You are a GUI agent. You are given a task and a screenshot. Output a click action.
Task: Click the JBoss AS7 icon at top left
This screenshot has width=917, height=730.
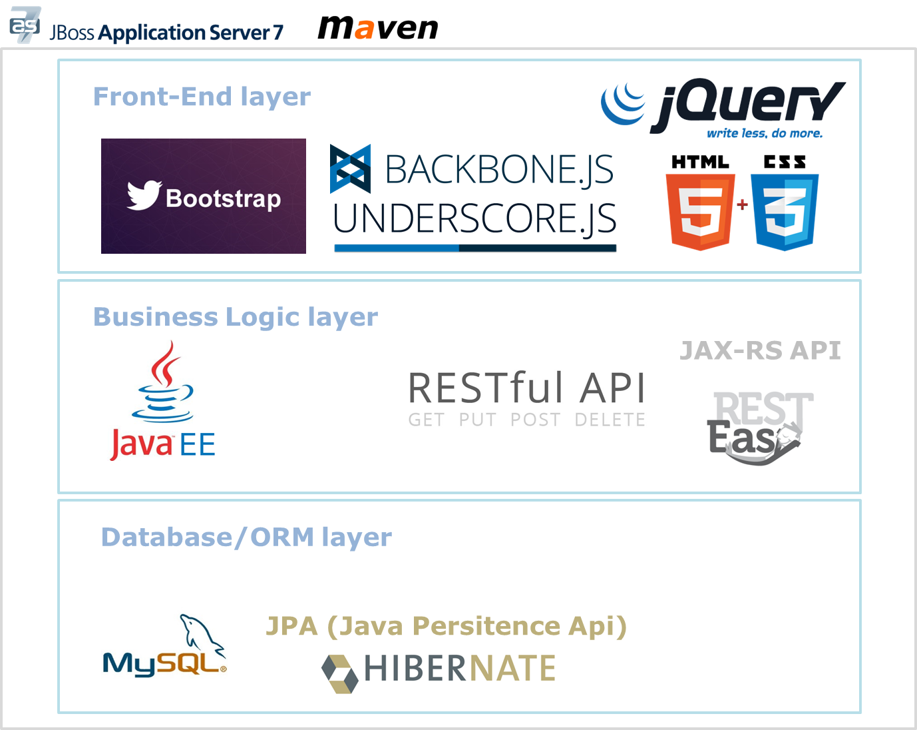coord(25,25)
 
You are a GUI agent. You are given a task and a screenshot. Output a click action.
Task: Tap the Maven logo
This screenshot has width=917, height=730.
coord(378,27)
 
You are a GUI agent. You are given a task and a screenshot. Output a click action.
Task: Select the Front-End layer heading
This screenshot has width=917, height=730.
coord(202,97)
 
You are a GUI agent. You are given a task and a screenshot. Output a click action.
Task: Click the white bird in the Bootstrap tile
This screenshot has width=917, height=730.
coord(144,195)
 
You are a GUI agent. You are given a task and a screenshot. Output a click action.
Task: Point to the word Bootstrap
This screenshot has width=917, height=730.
coord(223,198)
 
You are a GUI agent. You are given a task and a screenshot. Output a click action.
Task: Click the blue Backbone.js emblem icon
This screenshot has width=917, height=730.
coord(350,169)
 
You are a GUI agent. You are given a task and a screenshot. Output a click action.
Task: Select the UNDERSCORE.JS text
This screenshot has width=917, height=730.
coord(474,219)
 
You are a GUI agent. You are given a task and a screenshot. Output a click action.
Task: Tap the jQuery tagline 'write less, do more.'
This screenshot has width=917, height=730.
coord(765,133)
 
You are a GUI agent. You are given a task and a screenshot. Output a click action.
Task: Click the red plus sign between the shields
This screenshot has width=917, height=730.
coord(743,204)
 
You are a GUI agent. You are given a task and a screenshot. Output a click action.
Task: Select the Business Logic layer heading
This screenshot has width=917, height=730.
coord(236,317)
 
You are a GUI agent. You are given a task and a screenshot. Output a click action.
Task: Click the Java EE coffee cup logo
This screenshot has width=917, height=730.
coord(163,383)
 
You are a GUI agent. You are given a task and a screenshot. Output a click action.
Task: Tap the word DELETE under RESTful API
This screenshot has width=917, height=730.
coord(610,420)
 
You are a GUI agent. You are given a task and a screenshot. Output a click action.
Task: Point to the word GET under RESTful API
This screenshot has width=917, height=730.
coord(426,420)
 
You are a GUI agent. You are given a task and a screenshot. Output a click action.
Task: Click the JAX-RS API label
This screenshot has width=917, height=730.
coord(760,350)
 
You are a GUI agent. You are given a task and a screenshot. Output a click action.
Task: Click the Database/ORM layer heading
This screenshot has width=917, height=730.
coord(246,537)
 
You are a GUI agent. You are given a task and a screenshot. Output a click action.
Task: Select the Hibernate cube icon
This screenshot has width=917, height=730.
coord(339,673)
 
